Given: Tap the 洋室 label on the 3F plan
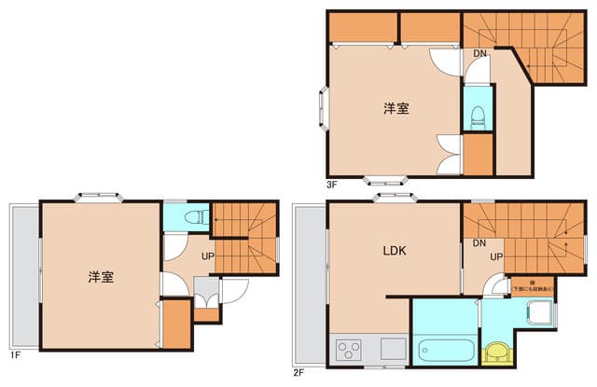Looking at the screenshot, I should coord(396,109).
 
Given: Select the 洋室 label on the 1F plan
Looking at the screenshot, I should coord(102,277).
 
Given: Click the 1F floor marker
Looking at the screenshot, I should coord(15,355).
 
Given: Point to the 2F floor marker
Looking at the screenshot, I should coord(298,372).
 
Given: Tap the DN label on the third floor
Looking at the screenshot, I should coord(479,53).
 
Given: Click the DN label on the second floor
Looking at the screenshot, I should coord(479,243).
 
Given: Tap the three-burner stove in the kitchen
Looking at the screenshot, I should coord(349,352).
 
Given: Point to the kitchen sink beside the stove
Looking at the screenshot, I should coord(392,352).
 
